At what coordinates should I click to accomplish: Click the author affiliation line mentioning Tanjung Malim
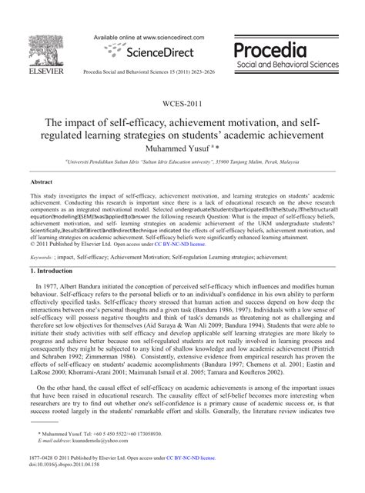(x=182, y=163)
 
